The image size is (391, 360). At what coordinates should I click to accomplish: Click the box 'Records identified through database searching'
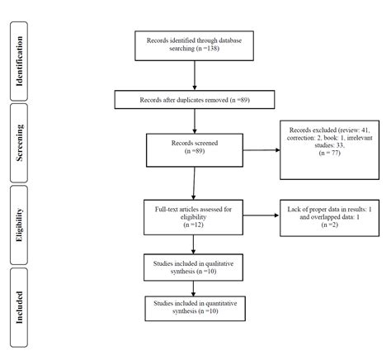click(x=194, y=45)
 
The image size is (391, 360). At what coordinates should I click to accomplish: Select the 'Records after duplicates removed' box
click(x=194, y=101)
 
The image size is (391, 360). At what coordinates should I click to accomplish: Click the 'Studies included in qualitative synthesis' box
click(x=194, y=267)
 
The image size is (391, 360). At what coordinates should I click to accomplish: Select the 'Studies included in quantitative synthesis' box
click(x=194, y=308)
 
